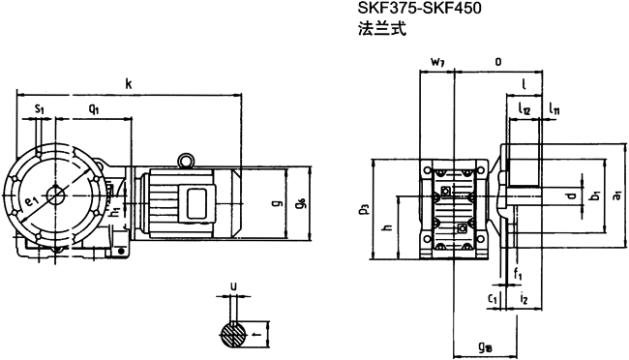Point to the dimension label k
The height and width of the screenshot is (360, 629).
pos(128,85)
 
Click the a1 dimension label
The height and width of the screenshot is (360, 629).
pos(616,195)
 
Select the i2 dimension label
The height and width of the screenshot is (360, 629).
pos(524,300)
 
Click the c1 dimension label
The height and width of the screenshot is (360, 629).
pos(494,300)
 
